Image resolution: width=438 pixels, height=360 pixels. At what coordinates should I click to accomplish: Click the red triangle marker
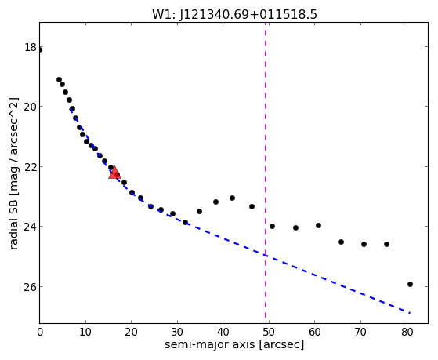coord(114,173)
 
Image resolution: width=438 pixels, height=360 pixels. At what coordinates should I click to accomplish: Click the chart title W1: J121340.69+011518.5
coord(234,14)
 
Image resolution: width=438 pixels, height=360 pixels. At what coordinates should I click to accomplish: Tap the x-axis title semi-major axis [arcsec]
coord(234,344)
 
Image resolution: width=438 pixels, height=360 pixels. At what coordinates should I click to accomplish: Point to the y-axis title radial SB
coord(13,221)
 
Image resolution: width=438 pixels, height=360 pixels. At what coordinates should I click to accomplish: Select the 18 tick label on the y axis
coord(31,47)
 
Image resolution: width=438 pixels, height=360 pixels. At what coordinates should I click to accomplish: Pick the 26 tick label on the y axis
coord(31,286)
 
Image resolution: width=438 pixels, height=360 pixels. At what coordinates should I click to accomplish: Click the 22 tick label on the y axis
coord(31,167)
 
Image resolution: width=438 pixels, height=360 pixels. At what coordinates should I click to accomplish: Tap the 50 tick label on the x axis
coord(269,332)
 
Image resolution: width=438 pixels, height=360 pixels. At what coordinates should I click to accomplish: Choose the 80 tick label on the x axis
coord(407,332)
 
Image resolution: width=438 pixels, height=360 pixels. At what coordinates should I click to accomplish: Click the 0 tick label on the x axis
coord(40,332)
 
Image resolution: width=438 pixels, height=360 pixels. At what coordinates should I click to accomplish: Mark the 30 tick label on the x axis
coord(177,332)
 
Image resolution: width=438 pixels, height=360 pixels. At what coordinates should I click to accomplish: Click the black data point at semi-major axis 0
coord(40,49)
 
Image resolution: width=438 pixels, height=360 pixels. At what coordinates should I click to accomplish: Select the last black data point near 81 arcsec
coord(410,284)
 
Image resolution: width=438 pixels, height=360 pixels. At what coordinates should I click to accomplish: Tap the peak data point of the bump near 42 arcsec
coord(232,198)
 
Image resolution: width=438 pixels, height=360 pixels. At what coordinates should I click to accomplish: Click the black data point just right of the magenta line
coord(272,226)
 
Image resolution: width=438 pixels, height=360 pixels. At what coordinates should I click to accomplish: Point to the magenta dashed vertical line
coord(265,173)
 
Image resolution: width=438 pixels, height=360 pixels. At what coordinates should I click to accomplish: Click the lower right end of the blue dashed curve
coord(410,313)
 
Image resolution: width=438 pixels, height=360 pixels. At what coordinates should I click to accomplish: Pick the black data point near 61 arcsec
coord(318,225)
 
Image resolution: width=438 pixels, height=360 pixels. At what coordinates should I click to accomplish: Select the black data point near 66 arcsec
coord(341,242)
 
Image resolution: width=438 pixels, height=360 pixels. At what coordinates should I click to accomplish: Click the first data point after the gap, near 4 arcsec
coord(59,80)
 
